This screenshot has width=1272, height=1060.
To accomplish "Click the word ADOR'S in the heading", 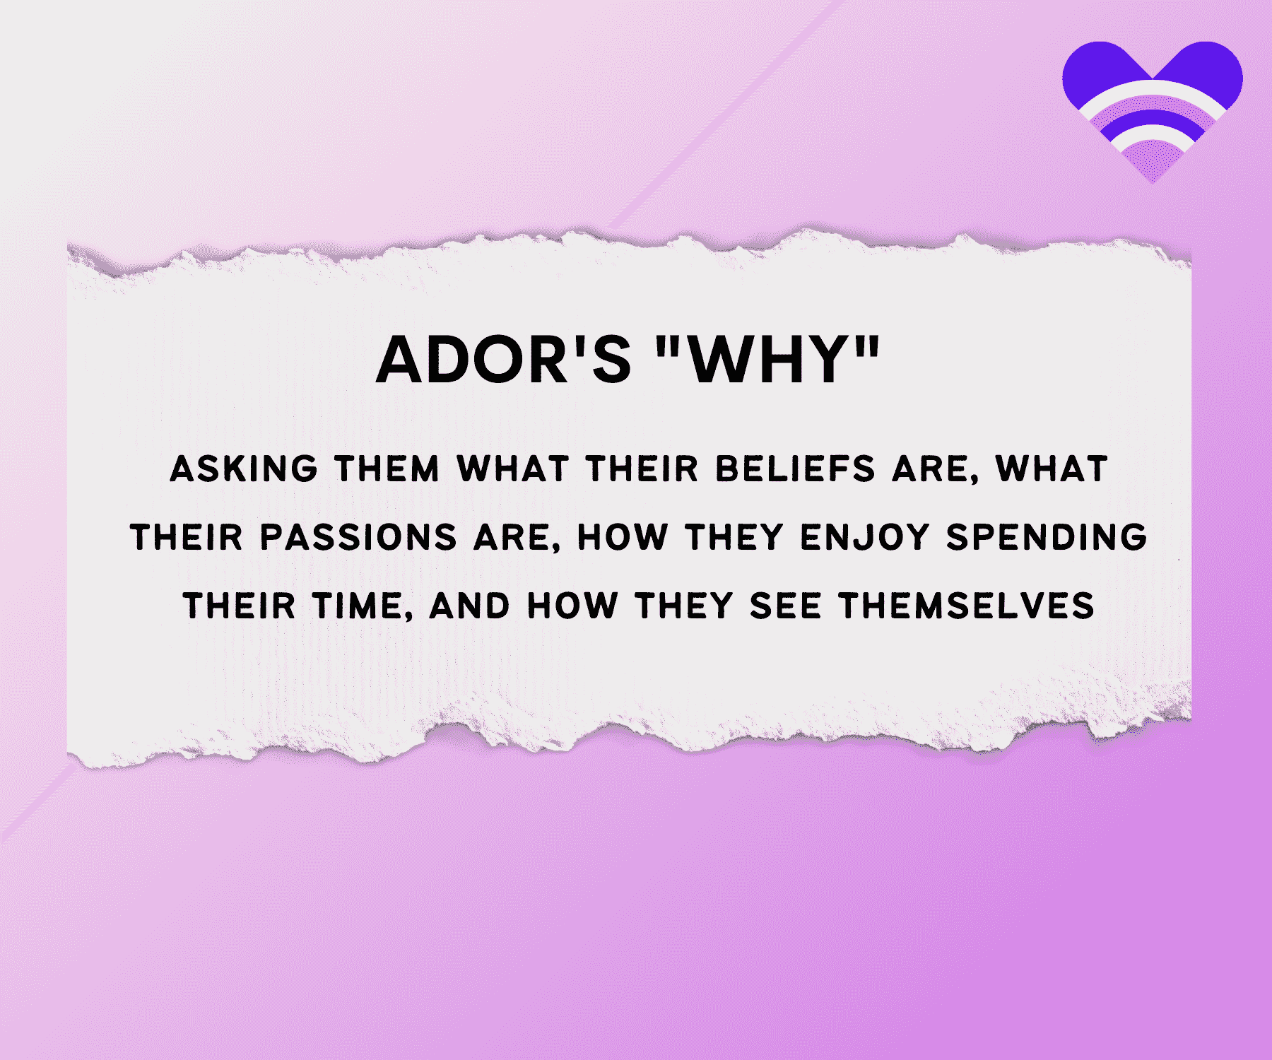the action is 503,360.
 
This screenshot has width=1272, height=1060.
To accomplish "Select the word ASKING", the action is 245,469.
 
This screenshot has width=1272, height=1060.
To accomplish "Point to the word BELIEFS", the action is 795,469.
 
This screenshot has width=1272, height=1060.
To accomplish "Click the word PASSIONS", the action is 359,537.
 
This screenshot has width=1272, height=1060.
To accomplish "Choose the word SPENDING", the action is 1047,537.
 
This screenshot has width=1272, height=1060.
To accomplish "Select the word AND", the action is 469,606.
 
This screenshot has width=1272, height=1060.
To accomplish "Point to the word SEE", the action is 785,606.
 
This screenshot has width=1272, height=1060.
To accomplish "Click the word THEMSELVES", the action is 967,606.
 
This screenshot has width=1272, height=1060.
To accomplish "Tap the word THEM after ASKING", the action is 387,469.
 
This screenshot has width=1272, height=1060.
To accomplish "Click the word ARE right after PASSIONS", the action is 517,538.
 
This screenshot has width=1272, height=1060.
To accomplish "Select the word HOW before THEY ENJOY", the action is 623,537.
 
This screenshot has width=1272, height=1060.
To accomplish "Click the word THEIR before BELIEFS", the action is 642,469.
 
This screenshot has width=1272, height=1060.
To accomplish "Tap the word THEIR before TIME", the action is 240,606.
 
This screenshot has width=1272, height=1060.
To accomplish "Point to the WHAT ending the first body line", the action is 1052,469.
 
